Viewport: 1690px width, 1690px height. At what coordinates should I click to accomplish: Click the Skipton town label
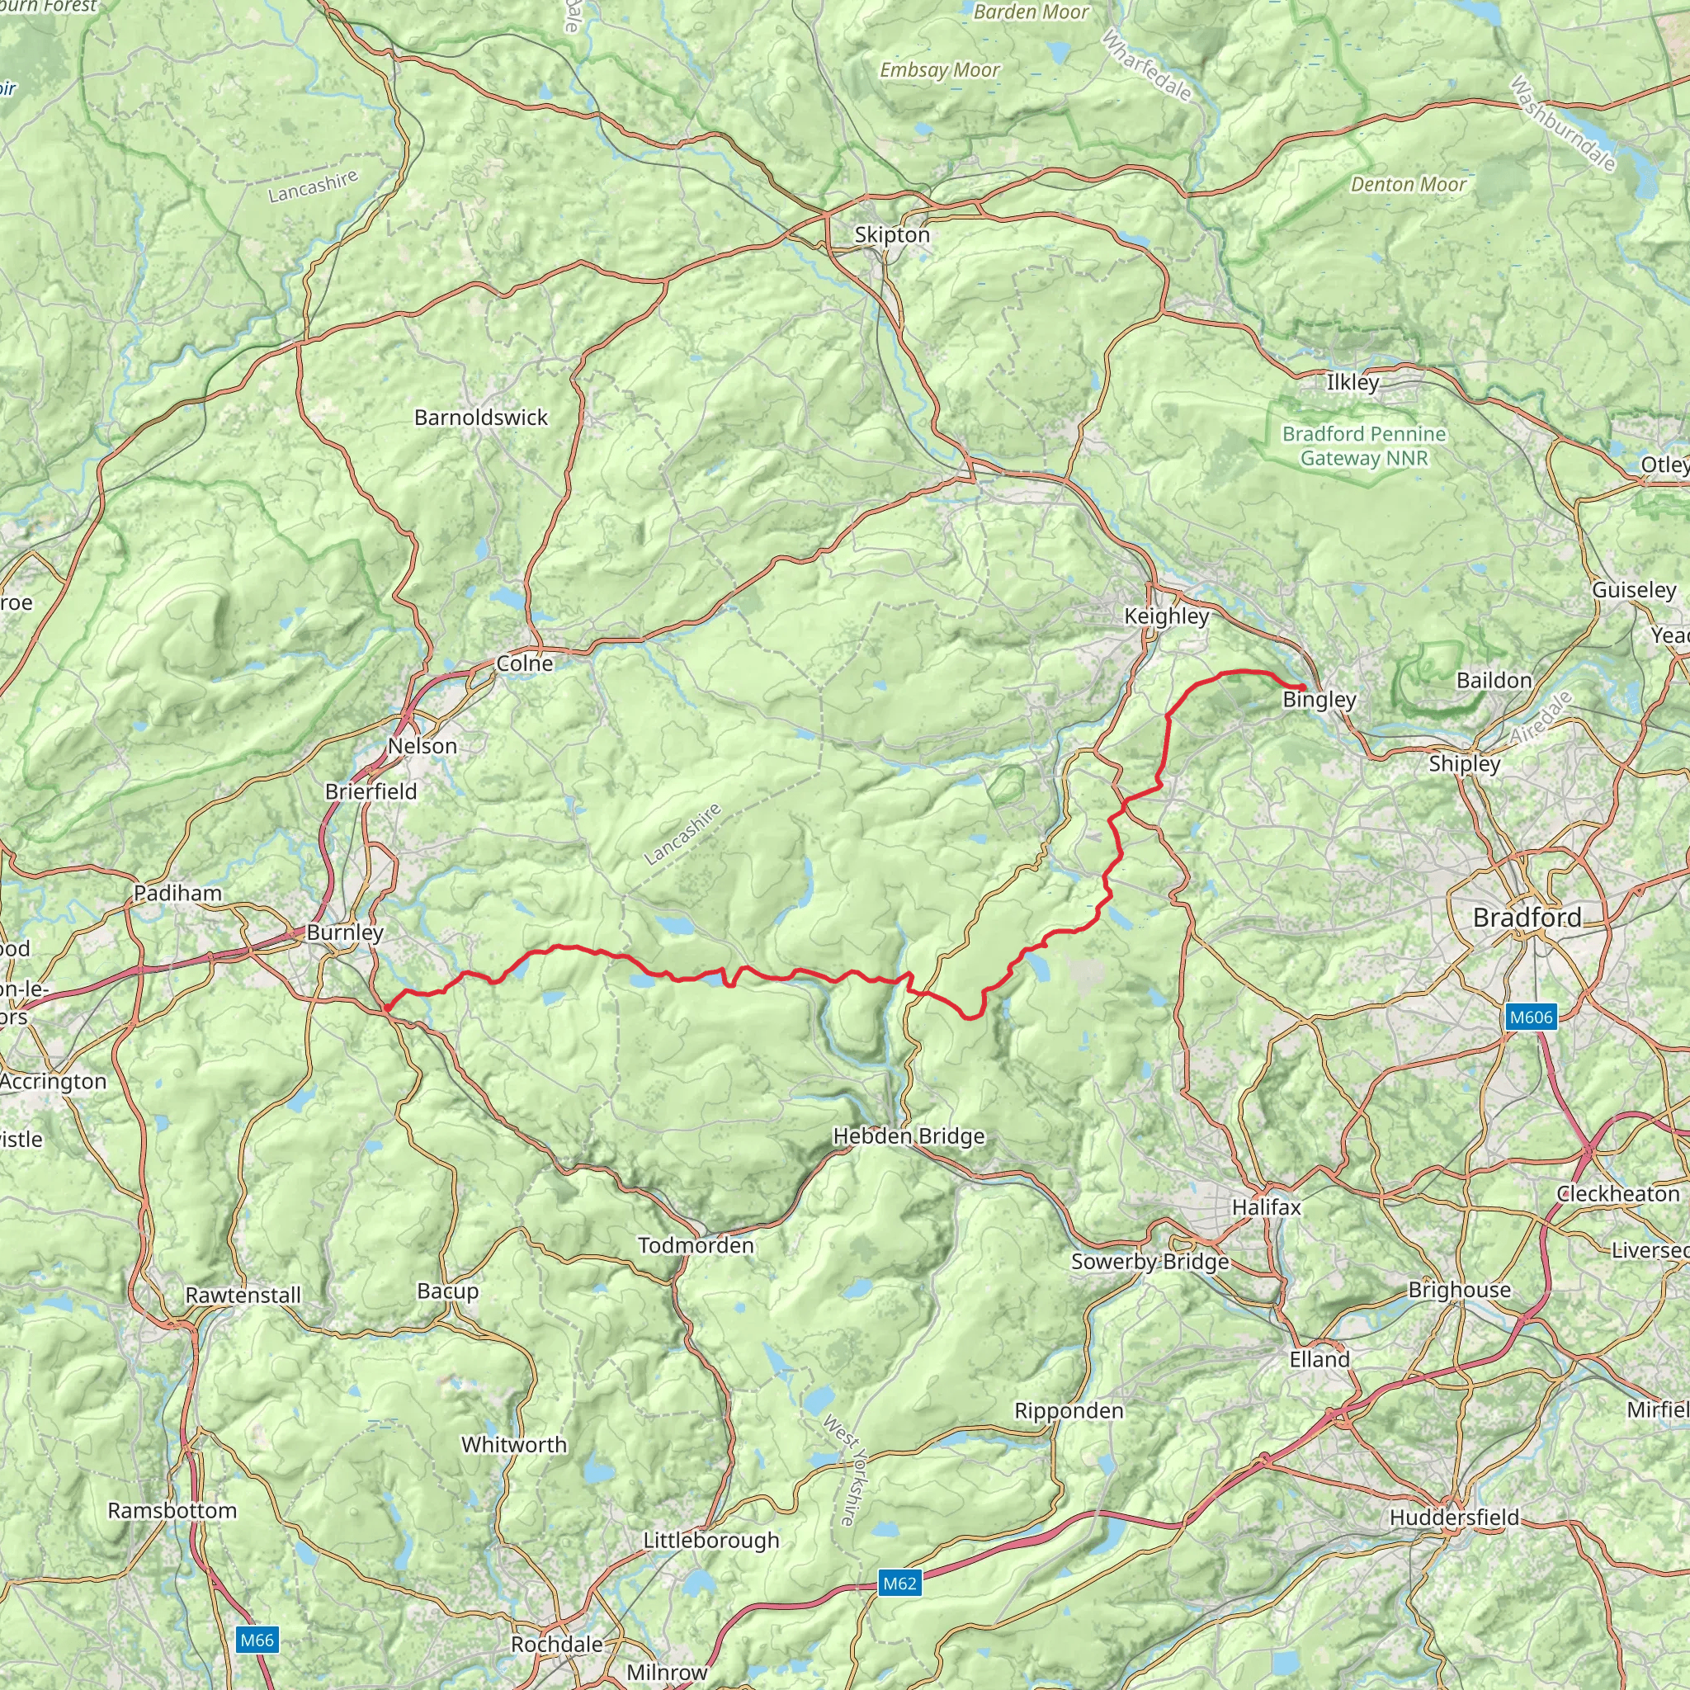[x=891, y=234]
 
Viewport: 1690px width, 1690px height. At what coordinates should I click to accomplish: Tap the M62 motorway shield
[x=899, y=1584]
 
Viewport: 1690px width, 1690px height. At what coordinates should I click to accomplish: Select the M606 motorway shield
[x=1531, y=1017]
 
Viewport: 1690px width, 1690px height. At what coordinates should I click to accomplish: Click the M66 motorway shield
[x=257, y=1640]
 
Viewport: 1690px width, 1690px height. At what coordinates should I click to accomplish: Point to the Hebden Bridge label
[x=908, y=1136]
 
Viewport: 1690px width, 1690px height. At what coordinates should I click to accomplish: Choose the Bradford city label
[x=1527, y=918]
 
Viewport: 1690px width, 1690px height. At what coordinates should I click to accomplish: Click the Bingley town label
[x=1319, y=700]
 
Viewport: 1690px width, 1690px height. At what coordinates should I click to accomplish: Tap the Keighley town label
[x=1166, y=616]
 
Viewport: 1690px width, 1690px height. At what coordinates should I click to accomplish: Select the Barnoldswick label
[x=480, y=418]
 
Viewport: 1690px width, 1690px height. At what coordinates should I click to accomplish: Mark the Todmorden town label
[x=696, y=1244]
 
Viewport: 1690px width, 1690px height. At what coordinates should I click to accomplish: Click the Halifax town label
[x=1266, y=1207]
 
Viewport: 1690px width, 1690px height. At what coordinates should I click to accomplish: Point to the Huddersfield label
[x=1454, y=1517]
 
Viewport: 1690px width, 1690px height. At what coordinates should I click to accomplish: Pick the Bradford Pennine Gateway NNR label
[x=1364, y=446]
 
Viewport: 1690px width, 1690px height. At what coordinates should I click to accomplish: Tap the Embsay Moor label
[x=938, y=70]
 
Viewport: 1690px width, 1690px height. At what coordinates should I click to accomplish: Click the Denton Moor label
[x=1408, y=185]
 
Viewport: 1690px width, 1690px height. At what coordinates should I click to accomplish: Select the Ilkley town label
[x=1352, y=382]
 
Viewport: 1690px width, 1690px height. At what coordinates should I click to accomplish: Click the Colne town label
[x=524, y=664]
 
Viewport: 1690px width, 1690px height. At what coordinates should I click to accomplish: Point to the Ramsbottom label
[x=172, y=1510]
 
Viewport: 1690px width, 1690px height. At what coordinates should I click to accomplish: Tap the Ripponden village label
[x=1068, y=1411]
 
